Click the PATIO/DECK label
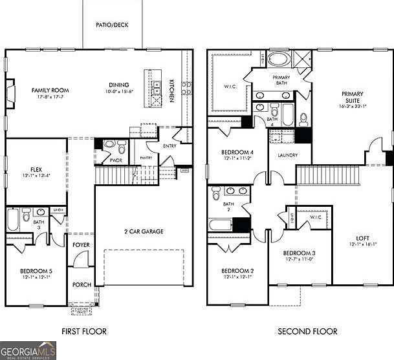coord(112,25)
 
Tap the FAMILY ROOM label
coord(50,90)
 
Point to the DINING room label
coord(118,85)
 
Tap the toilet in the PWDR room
coord(109,145)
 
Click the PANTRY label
coord(146,157)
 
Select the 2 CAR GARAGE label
coord(143,231)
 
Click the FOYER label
coord(81,245)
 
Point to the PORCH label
coord(81,284)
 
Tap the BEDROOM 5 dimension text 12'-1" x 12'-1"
coord(35,277)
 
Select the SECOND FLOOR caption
coord(307,332)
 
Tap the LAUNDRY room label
coord(287,155)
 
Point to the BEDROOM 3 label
coord(299,253)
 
